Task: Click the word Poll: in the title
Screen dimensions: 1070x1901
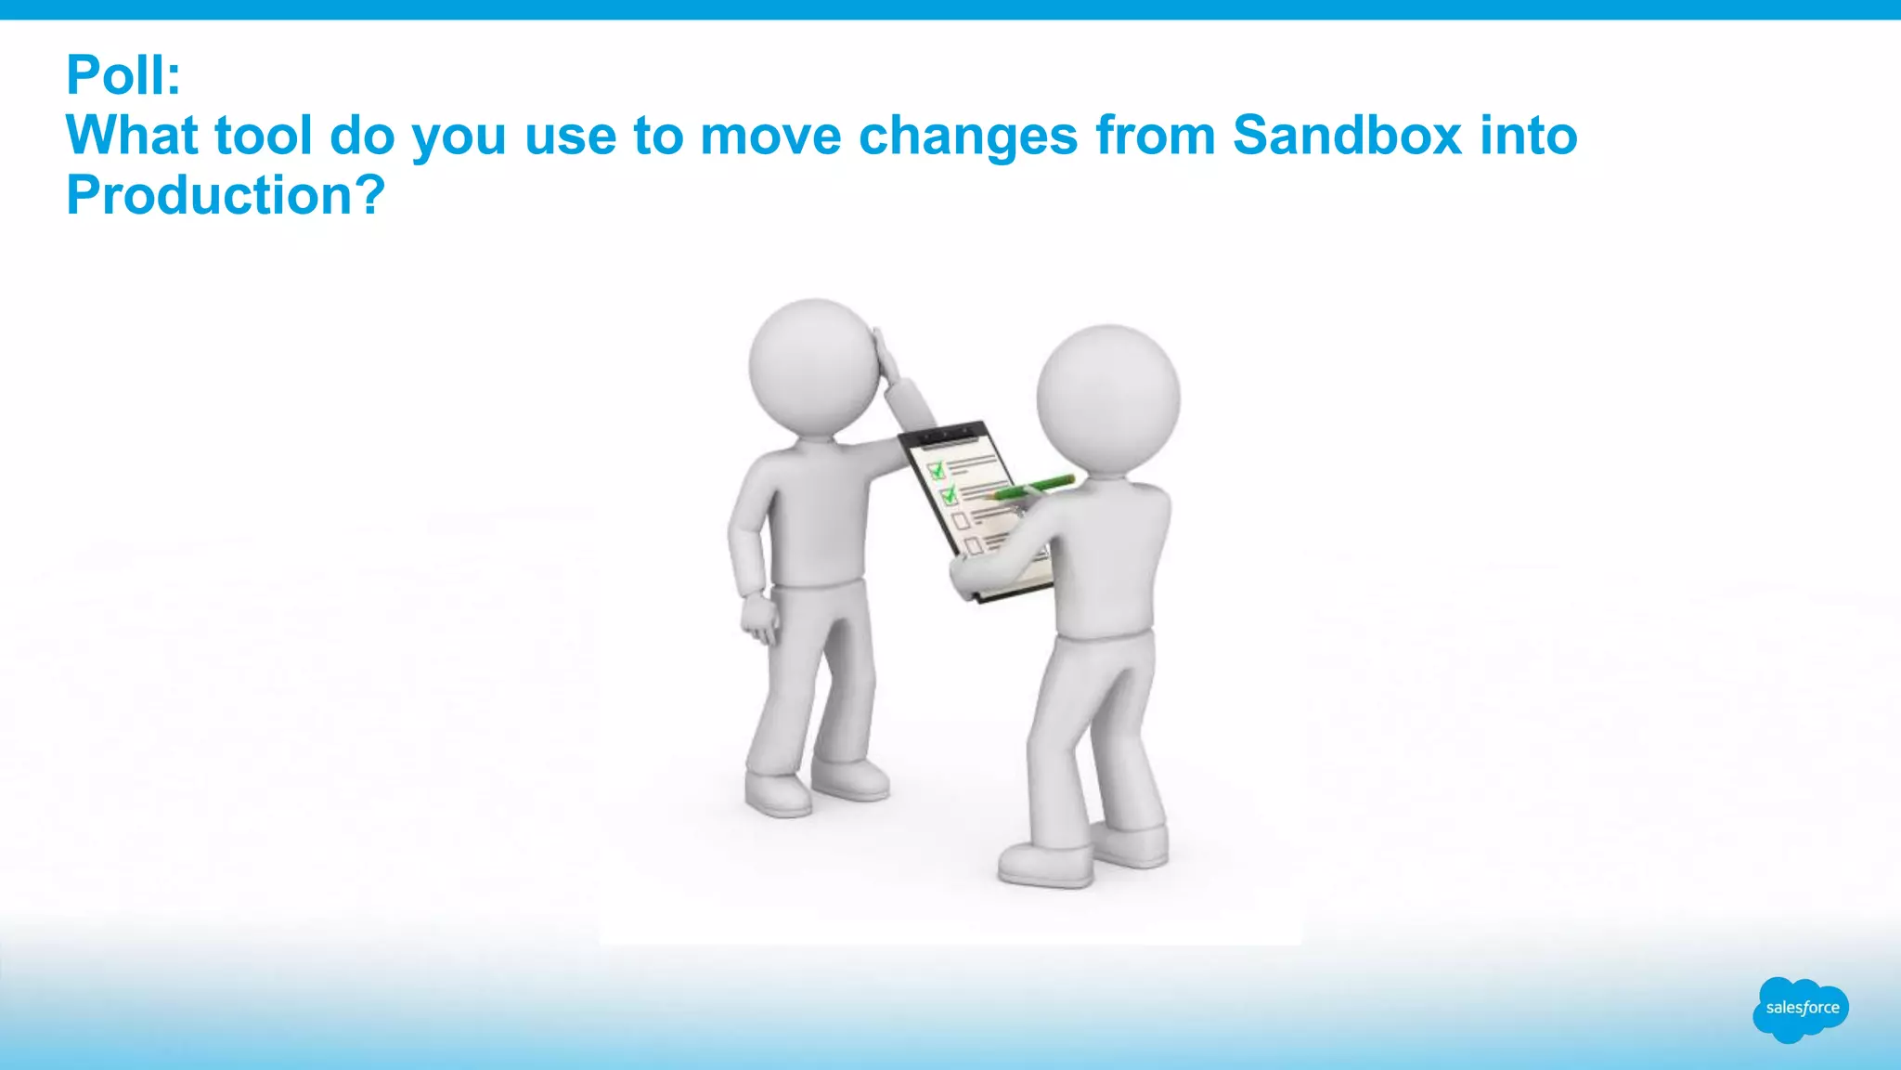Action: pos(123,75)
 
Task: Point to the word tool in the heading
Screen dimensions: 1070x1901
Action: pos(263,136)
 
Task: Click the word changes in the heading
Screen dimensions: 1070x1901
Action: pos(967,136)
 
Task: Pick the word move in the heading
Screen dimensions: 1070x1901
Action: pos(770,136)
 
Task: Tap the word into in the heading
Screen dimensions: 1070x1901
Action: pos(1528,136)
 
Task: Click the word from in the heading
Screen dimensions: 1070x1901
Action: pos(1155,136)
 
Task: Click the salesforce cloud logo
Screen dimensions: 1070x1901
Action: pos(1800,1009)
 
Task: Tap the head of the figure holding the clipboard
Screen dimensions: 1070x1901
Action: pos(1107,399)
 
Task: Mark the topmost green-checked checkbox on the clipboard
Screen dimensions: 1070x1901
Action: pos(937,470)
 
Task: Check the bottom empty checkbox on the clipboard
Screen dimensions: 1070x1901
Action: pos(974,545)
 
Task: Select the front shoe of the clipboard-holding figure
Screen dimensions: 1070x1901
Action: pos(1045,865)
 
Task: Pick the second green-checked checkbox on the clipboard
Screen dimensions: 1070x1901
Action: pos(949,495)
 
